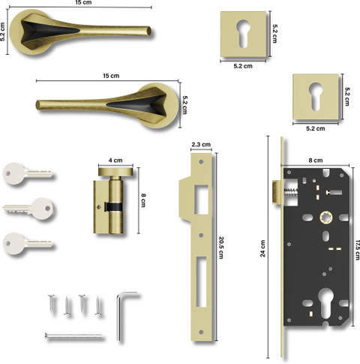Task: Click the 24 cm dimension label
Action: pyautogui.click(x=262, y=248)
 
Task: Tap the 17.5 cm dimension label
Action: pyautogui.click(x=357, y=250)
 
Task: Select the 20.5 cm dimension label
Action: pyautogui.click(x=221, y=248)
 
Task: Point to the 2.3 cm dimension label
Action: pyautogui.click(x=201, y=144)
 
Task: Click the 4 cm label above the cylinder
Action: pyautogui.click(x=115, y=161)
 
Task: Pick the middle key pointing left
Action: pyautogui.click(x=28, y=209)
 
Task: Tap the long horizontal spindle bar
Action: pyautogui.click(x=73, y=336)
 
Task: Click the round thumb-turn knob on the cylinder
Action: pyautogui.click(x=115, y=172)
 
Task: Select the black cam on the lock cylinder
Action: pyautogui.click(x=113, y=206)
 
